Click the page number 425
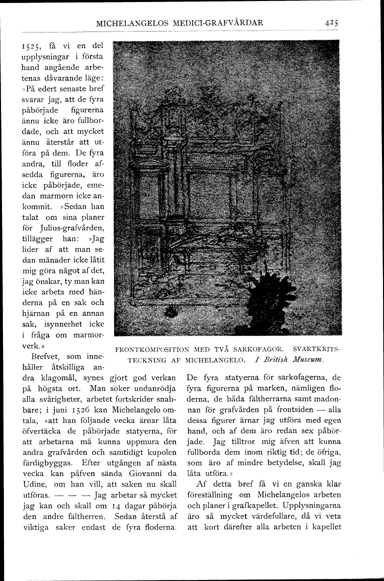(331, 22)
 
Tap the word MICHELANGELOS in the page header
(130, 22)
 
